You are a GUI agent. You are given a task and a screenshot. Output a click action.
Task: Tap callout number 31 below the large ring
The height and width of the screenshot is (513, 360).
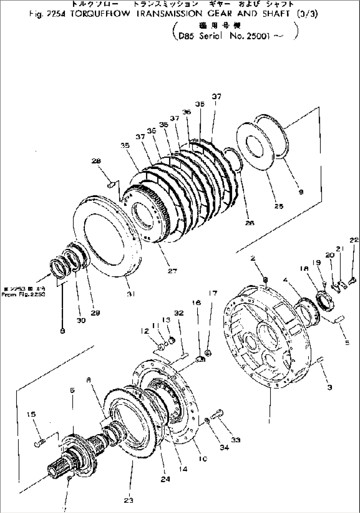(131, 293)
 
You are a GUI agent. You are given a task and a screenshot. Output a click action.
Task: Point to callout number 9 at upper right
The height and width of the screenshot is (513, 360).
(301, 192)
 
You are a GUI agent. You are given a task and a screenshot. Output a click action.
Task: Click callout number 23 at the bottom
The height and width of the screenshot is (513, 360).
(129, 500)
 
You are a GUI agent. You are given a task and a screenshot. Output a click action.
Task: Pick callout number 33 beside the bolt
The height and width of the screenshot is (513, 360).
(236, 440)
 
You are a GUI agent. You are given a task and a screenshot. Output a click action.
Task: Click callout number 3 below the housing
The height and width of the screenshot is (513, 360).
(329, 387)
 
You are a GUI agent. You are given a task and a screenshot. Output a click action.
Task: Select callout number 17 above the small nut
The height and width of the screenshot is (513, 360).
(213, 293)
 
